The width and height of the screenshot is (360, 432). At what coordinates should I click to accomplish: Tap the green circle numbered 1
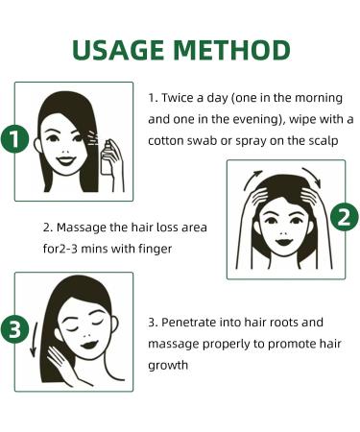[x=12, y=139]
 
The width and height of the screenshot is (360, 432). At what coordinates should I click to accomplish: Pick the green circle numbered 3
[x=12, y=329]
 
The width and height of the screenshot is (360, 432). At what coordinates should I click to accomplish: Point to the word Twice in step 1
[x=180, y=98]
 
